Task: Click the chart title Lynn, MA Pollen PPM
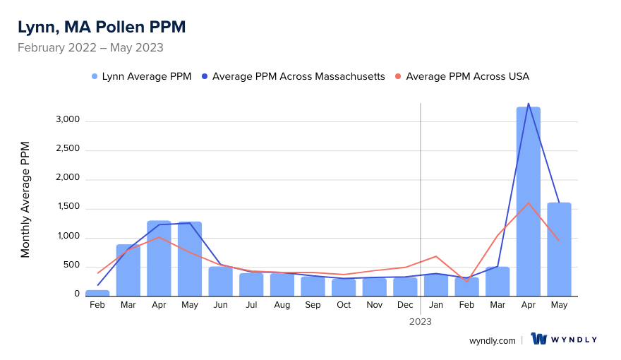coord(102,28)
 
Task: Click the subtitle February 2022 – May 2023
coord(90,48)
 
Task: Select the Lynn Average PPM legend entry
coord(141,76)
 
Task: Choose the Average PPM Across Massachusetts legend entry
coord(293,76)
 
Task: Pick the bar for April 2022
coord(159,258)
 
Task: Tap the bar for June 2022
coord(220,280)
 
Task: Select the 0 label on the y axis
coord(78,295)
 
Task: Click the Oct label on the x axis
coord(344,305)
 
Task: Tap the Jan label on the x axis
coord(436,305)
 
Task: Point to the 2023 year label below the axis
coord(421,321)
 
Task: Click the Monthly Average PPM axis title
coord(25,200)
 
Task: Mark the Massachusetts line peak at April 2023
coord(529,104)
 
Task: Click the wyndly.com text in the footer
coord(493,340)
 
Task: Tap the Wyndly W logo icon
coord(540,340)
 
